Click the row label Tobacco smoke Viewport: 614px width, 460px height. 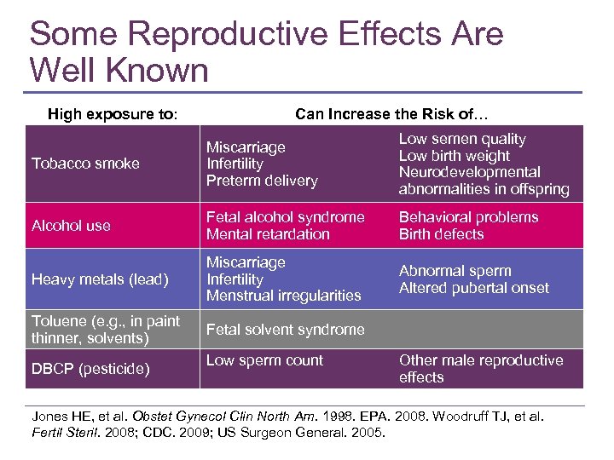click(x=85, y=164)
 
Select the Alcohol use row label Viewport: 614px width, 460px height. click(x=71, y=226)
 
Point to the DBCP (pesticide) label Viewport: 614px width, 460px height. click(x=90, y=369)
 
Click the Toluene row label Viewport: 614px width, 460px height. click(x=105, y=329)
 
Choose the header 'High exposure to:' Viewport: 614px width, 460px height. click(x=113, y=113)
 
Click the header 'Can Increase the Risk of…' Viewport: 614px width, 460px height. click(x=391, y=113)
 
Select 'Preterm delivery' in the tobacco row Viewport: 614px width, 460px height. click(x=261, y=181)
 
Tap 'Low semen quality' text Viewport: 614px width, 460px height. click(x=461, y=139)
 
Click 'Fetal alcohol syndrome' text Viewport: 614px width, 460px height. click(x=285, y=217)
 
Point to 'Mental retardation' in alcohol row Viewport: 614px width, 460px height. click(x=267, y=234)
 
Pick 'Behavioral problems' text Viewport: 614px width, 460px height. click(x=468, y=217)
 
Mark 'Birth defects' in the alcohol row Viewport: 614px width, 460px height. click(x=441, y=234)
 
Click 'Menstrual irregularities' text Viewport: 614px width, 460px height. click(x=283, y=296)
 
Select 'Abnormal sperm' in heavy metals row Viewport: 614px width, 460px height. click(x=455, y=271)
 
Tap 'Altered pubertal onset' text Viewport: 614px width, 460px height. click(x=473, y=288)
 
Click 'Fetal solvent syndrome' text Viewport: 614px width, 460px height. click(x=285, y=330)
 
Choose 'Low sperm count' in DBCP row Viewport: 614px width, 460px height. click(x=264, y=360)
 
